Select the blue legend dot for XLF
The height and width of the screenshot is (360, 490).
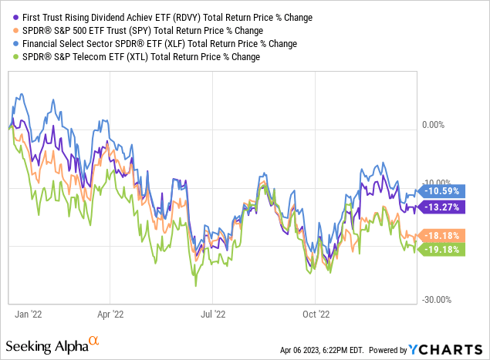9,43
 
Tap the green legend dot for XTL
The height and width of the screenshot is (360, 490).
9,56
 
